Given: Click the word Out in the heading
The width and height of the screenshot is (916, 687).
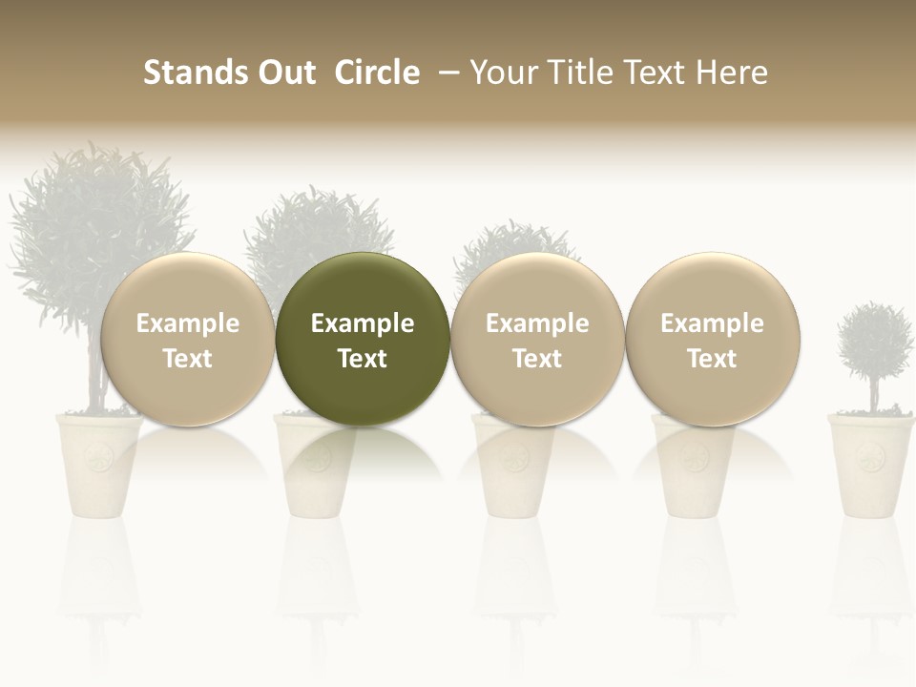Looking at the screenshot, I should pos(283,73).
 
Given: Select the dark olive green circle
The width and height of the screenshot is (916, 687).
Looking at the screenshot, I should pos(363,286).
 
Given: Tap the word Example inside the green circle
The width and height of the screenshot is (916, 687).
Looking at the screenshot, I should pos(363,323).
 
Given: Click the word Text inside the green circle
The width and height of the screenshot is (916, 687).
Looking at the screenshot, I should pos(363,359).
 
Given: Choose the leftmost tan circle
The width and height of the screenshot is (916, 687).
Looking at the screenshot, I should pos(187,286).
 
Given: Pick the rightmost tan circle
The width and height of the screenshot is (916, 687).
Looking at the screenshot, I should pos(712,286).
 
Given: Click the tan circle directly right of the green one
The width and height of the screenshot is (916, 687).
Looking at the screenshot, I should pos(537,286).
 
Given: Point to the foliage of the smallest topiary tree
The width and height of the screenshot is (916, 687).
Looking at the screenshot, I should pos(874,340).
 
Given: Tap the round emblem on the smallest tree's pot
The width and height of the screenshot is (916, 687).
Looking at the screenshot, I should pos(869,459).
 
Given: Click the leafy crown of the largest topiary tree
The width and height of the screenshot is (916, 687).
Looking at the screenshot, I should pos(95,210).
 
